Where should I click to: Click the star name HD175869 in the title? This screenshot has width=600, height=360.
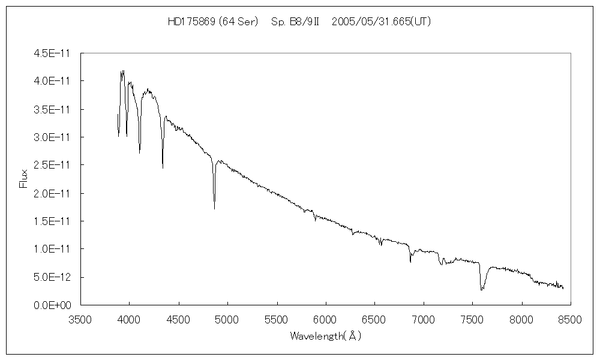[x=191, y=22]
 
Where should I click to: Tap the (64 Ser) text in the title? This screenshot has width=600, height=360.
[x=238, y=22]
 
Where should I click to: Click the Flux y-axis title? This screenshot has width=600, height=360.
[x=24, y=179]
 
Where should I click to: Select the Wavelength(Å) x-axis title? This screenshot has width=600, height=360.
[x=325, y=336]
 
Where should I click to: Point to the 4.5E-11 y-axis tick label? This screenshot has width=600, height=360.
[x=53, y=53]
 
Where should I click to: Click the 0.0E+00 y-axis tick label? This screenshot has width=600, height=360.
[x=53, y=305]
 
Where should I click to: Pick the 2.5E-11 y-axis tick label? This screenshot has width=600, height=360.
[x=53, y=165]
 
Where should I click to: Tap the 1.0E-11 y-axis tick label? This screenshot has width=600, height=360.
[x=53, y=249]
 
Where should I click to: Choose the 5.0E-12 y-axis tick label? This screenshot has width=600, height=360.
[x=53, y=277]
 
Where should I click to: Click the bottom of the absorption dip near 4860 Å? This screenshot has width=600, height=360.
[x=214, y=209]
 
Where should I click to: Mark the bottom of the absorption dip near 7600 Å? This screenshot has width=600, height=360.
[x=481, y=290]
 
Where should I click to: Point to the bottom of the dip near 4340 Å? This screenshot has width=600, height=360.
[x=163, y=168]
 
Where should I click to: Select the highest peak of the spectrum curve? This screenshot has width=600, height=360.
[x=123, y=71]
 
